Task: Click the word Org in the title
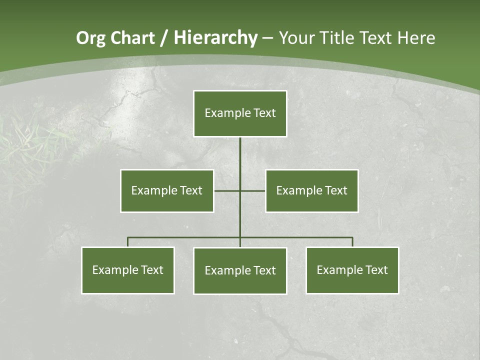coord(90,38)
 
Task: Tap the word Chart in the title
coord(132,38)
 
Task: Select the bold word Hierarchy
coord(215,38)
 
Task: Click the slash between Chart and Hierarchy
coord(164,38)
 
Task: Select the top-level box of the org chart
coord(240,113)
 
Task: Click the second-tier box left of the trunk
coord(167,190)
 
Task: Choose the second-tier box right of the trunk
coord(311,190)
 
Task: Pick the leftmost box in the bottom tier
coord(128,270)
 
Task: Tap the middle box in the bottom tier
coord(240,270)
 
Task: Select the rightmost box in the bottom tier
coord(352,270)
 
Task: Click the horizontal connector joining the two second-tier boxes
coord(252,190)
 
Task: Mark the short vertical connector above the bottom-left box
coord(128,242)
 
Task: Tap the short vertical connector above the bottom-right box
coord(352,242)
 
